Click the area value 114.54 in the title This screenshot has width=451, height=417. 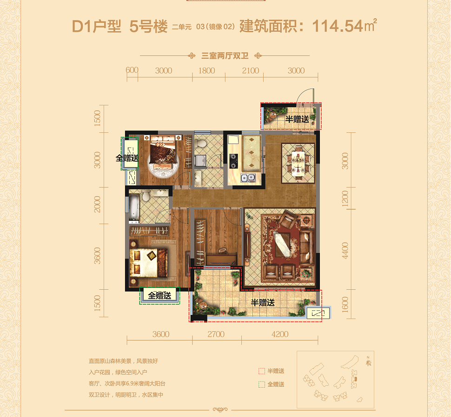pyautogui.click(x=338, y=26)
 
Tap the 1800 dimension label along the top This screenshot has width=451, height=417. pyautogui.click(x=206, y=71)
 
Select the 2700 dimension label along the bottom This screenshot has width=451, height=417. pyautogui.click(x=216, y=334)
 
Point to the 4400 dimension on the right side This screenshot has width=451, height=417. pyautogui.click(x=345, y=250)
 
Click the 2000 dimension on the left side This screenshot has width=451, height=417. pyautogui.click(x=97, y=204)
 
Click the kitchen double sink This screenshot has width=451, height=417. pyautogui.click(x=248, y=178)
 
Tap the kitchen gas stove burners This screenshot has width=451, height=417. pyautogui.click(x=233, y=161)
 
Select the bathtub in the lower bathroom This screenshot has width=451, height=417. pyautogui.click(x=134, y=206)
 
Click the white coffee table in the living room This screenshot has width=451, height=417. pyautogui.click(x=282, y=244)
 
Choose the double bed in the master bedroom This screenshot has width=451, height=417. pyautogui.click(x=148, y=263)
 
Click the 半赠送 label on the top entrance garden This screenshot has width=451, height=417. pyautogui.click(x=297, y=119)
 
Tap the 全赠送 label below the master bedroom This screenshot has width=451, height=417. pyautogui.click(x=159, y=295)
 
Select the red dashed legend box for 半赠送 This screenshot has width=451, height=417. pyautogui.click(x=261, y=371)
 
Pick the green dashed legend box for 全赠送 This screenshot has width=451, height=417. pyautogui.click(x=261, y=384)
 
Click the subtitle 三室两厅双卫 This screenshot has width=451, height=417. pyautogui.click(x=225, y=55)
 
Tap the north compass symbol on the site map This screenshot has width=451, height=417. pyautogui.click(x=368, y=362)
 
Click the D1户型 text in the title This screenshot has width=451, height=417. pyautogui.click(x=97, y=26)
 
